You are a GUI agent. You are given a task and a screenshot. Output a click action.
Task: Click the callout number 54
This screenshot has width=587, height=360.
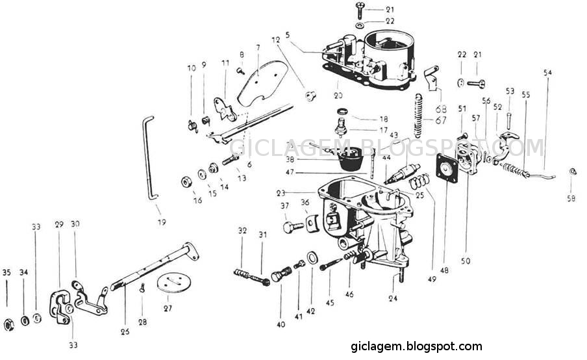pos(547,72)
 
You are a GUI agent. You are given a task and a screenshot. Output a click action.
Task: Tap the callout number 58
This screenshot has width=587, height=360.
pos(571,199)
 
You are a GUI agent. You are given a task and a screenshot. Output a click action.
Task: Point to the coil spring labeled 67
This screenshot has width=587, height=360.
pos(419,114)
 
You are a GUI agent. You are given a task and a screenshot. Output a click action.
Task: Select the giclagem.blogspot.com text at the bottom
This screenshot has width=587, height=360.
pos(416,346)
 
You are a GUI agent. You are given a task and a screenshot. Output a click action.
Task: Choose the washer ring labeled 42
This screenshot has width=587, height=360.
pos(312,259)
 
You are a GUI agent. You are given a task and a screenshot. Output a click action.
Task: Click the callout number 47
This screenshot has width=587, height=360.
pos(290,172)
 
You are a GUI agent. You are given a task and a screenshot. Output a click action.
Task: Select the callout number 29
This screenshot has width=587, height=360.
pos(58,224)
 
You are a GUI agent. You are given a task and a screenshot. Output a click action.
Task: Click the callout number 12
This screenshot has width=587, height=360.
pos(276,40)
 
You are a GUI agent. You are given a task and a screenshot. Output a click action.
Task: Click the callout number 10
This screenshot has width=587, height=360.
pos(192,68)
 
